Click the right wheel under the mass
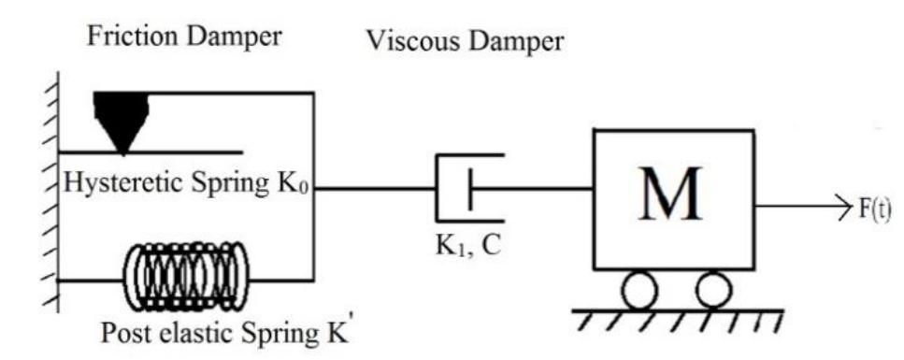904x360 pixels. click(712, 290)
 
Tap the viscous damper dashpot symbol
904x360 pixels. click(466, 187)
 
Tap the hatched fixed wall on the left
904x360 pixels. click(47, 196)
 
